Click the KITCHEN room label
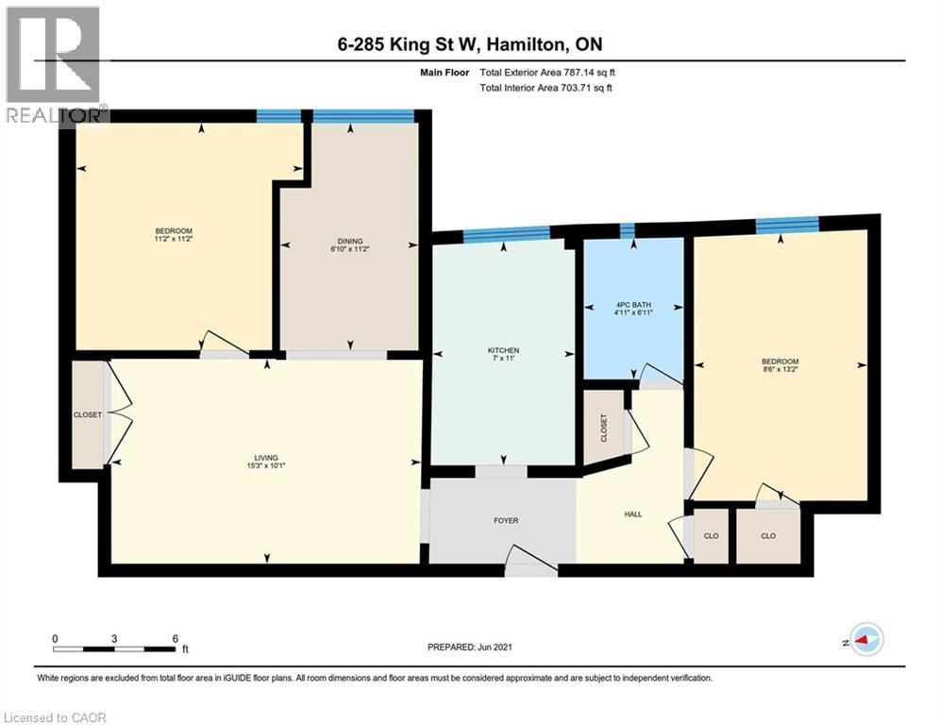click(x=503, y=350)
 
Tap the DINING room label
click(x=350, y=242)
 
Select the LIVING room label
click(x=266, y=458)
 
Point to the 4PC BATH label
click(x=633, y=304)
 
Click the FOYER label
click(x=506, y=521)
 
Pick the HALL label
click(x=633, y=514)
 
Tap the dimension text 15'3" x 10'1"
click(x=266, y=465)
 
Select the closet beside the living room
click(x=88, y=414)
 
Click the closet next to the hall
click(x=604, y=428)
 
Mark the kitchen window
click(x=507, y=234)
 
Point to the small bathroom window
click(x=627, y=230)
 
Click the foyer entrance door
click(x=531, y=560)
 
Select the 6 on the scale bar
click(x=176, y=639)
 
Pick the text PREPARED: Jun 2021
click(x=470, y=647)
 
